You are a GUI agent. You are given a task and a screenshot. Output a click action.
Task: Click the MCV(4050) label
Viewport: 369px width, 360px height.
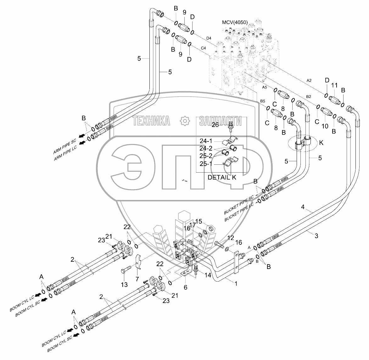(x=235, y=22)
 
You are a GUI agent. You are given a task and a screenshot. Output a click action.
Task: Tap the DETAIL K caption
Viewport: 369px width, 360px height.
(x=221, y=177)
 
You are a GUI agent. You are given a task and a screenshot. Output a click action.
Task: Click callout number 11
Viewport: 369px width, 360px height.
(x=334, y=85)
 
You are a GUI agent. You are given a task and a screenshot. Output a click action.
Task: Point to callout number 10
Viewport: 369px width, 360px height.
(x=325, y=126)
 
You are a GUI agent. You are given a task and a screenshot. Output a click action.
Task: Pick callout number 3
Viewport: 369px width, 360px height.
(x=316, y=236)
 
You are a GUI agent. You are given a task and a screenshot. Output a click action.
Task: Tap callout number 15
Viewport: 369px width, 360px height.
(x=198, y=221)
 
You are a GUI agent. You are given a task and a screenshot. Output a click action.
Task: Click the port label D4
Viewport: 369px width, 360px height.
(x=209, y=38)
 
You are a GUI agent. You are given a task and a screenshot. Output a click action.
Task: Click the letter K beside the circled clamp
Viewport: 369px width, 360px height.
(x=321, y=143)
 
